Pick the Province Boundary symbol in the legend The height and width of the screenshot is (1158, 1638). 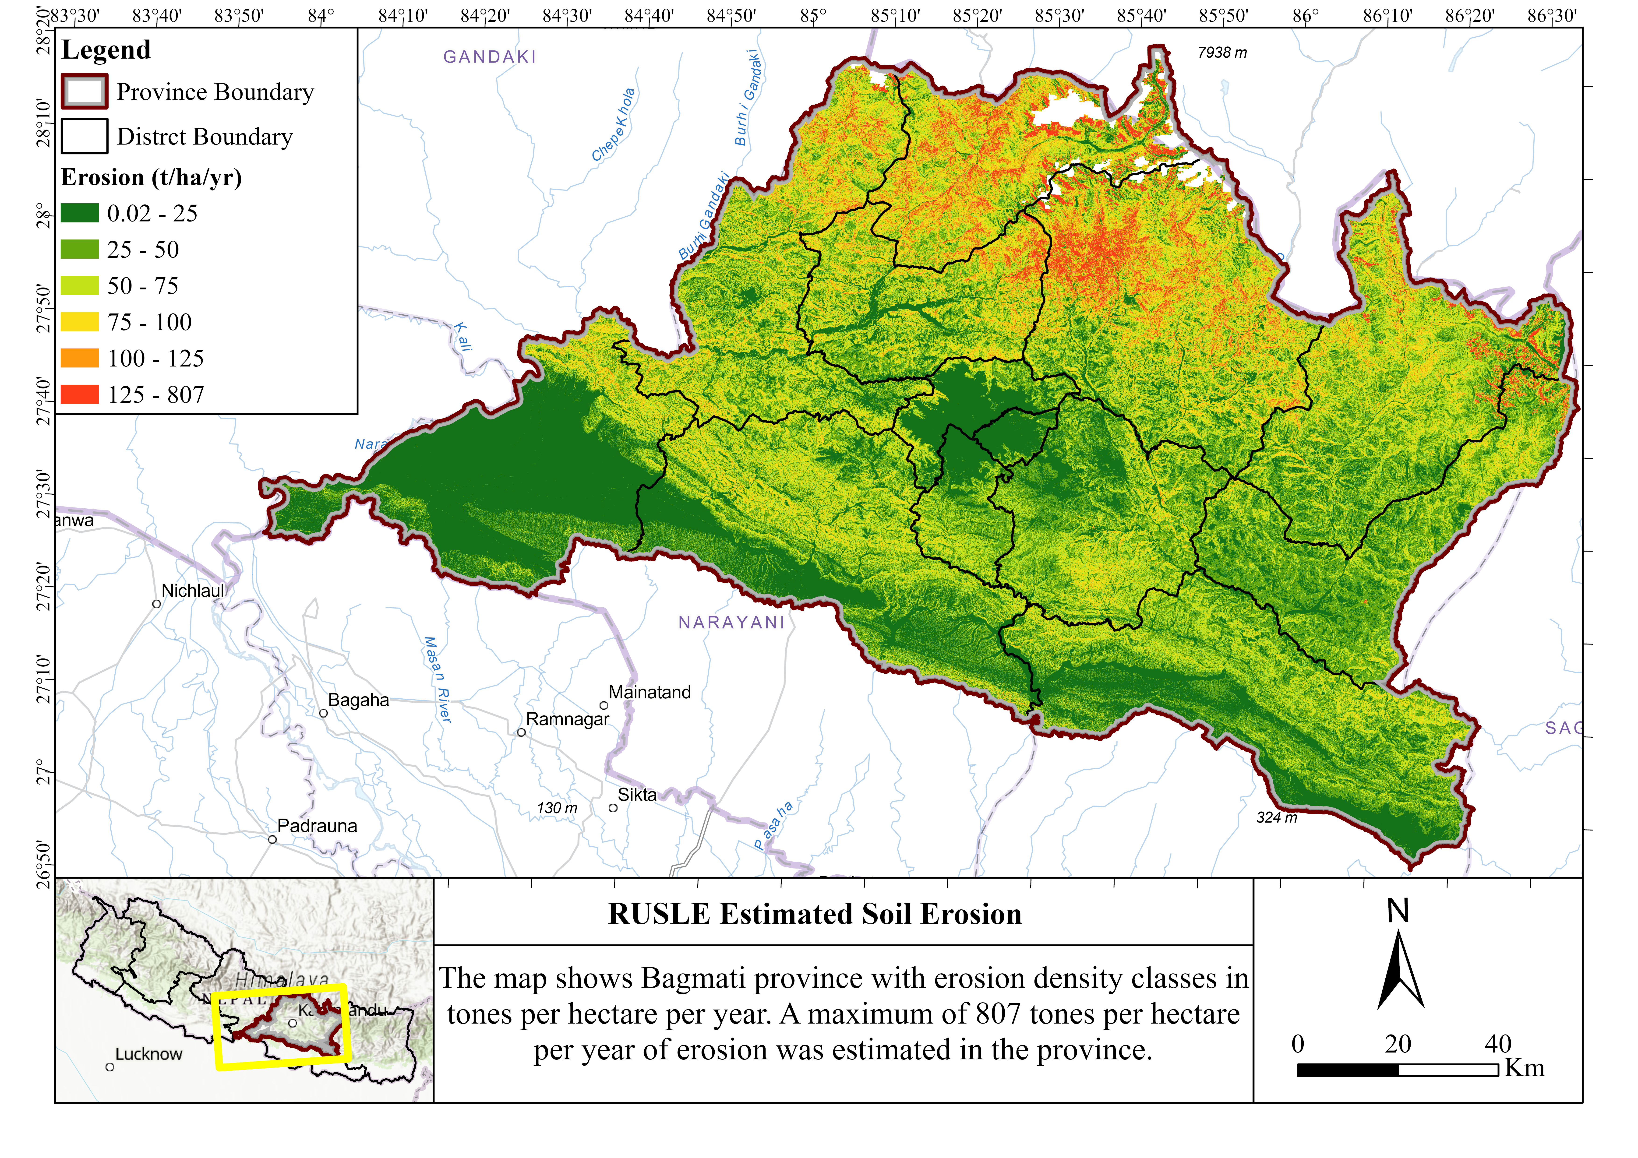click(84, 92)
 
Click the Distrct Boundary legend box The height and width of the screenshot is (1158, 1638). click(84, 136)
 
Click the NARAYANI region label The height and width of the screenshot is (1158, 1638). click(731, 623)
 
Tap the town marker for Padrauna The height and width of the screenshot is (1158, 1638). click(272, 840)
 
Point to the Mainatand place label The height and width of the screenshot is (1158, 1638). click(649, 692)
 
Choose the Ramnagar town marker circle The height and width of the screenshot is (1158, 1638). click(522, 732)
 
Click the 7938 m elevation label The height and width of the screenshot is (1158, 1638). click(1222, 53)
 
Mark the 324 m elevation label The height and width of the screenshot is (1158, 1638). click(1276, 818)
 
